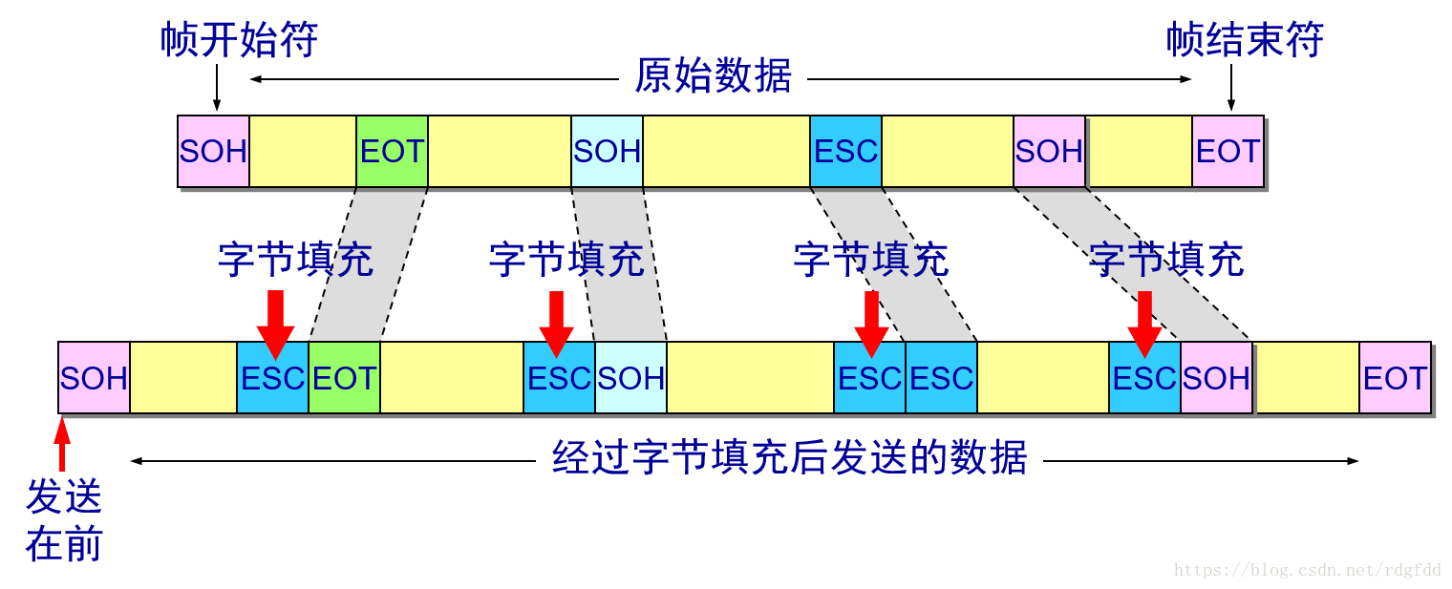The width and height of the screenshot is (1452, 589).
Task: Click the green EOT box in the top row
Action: pyautogui.click(x=392, y=152)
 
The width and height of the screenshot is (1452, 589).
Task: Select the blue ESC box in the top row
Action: pyautogui.click(x=845, y=152)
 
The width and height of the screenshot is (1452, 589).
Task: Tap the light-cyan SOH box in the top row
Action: pyautogui.click(x=607, y=152)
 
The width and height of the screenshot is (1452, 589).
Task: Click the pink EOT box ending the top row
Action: pyautogui.click(x=1228, y=152)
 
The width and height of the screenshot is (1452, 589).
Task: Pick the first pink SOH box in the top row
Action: pyautogui.click(x=213, y=152)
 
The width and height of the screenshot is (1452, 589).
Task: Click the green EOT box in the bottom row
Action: pyautogui.click(x=344, y=378)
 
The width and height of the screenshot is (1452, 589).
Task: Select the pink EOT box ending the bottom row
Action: pyautogui.click(x=1395, y=378)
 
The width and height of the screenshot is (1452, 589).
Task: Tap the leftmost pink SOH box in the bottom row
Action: pyautogui.click(x=94, y=378)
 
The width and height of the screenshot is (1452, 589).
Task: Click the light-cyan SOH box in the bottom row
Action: pyautogui.click(x=630, y=378)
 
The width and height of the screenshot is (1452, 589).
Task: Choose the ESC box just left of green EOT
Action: pyautogui.click(x=272, y=378)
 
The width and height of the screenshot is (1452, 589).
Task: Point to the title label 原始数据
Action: pyautogui.click(x=713, y=74)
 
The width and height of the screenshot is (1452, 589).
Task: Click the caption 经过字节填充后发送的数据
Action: pyautogui.click(x=789, y=459)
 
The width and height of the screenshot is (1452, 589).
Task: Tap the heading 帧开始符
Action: pyautogui.click(x=239, y=40)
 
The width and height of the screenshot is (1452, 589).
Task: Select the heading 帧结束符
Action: pyautogui.click(x=1245, y=40)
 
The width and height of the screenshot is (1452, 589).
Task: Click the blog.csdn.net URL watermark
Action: pyautogui.click(x=1307, y=570)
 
